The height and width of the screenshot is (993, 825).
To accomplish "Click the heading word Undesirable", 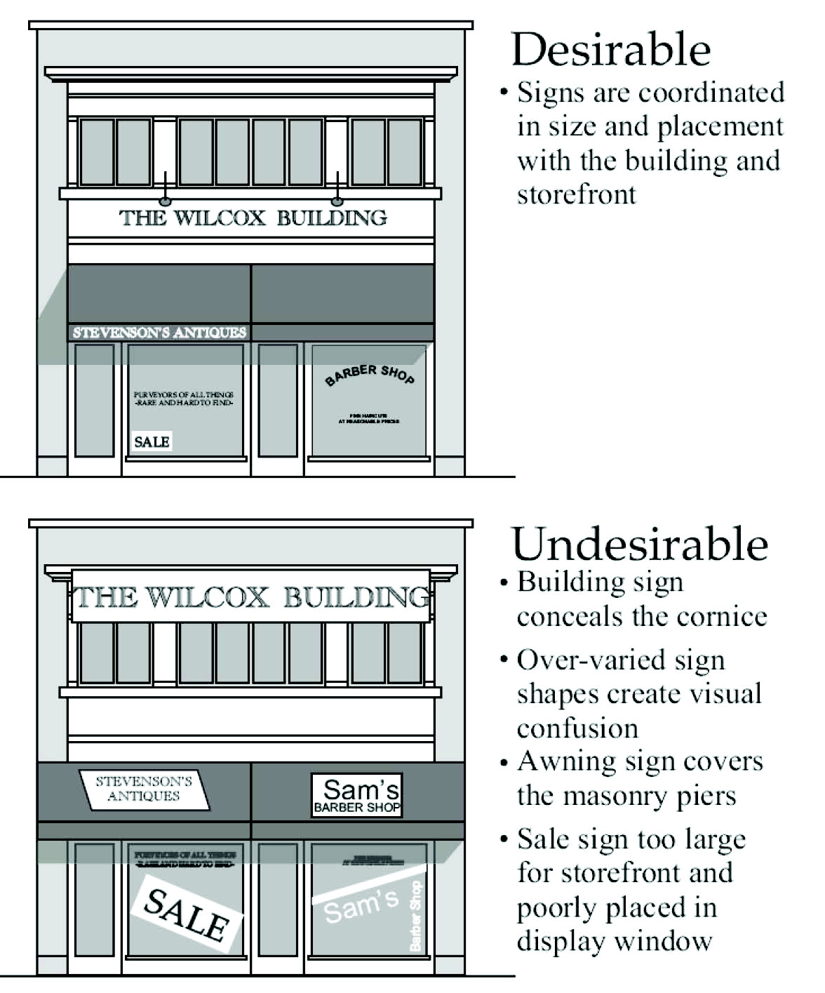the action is [x=640, y=544].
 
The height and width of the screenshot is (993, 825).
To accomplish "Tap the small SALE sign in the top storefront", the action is [x=152, y=441].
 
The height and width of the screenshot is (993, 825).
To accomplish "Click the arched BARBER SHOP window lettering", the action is [x=370, y=374].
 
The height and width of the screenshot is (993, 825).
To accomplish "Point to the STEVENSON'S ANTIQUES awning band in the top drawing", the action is [x=159, y=333].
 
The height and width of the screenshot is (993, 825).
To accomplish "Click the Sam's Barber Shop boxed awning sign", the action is [x=357, y=795].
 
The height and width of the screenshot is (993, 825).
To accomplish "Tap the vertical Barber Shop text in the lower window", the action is [x=416, y=916].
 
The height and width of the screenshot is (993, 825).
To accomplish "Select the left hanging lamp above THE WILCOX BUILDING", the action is [x=166, y=201].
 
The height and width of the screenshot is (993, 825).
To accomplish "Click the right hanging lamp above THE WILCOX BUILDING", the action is [x=337, y=201].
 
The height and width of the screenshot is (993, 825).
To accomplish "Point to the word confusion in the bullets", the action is [x=577, y=728].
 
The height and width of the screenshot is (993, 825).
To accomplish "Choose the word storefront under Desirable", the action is [x=576, y=194].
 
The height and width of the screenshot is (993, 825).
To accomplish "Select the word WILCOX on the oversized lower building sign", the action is [x=206, y=598].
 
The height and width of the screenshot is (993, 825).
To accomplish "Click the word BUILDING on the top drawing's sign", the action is [x=332, y=218].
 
